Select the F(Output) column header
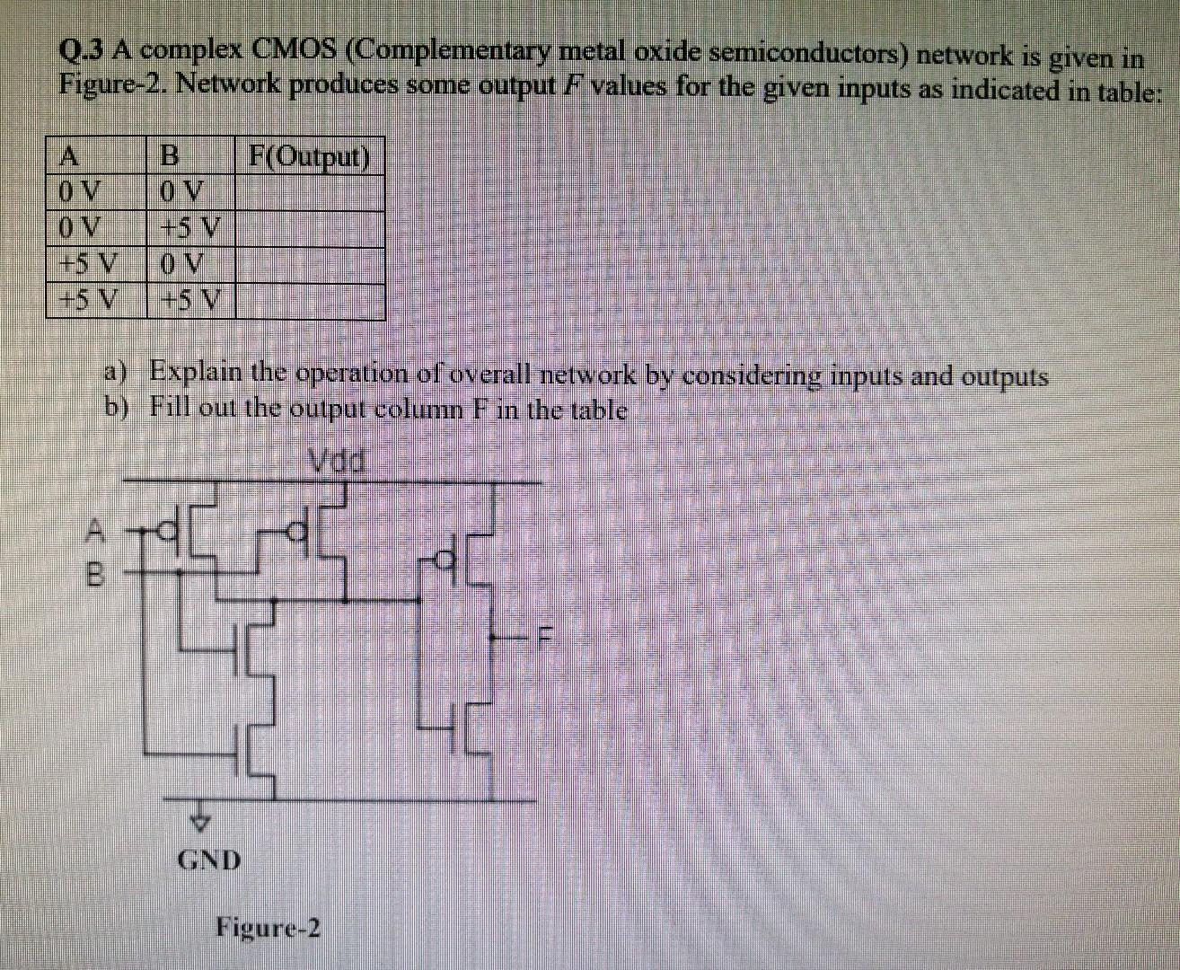point(309,156)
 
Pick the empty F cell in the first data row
point(309,192)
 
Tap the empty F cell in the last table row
point(309,302)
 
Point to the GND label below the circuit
point(209,860)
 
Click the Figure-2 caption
point(268,927)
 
